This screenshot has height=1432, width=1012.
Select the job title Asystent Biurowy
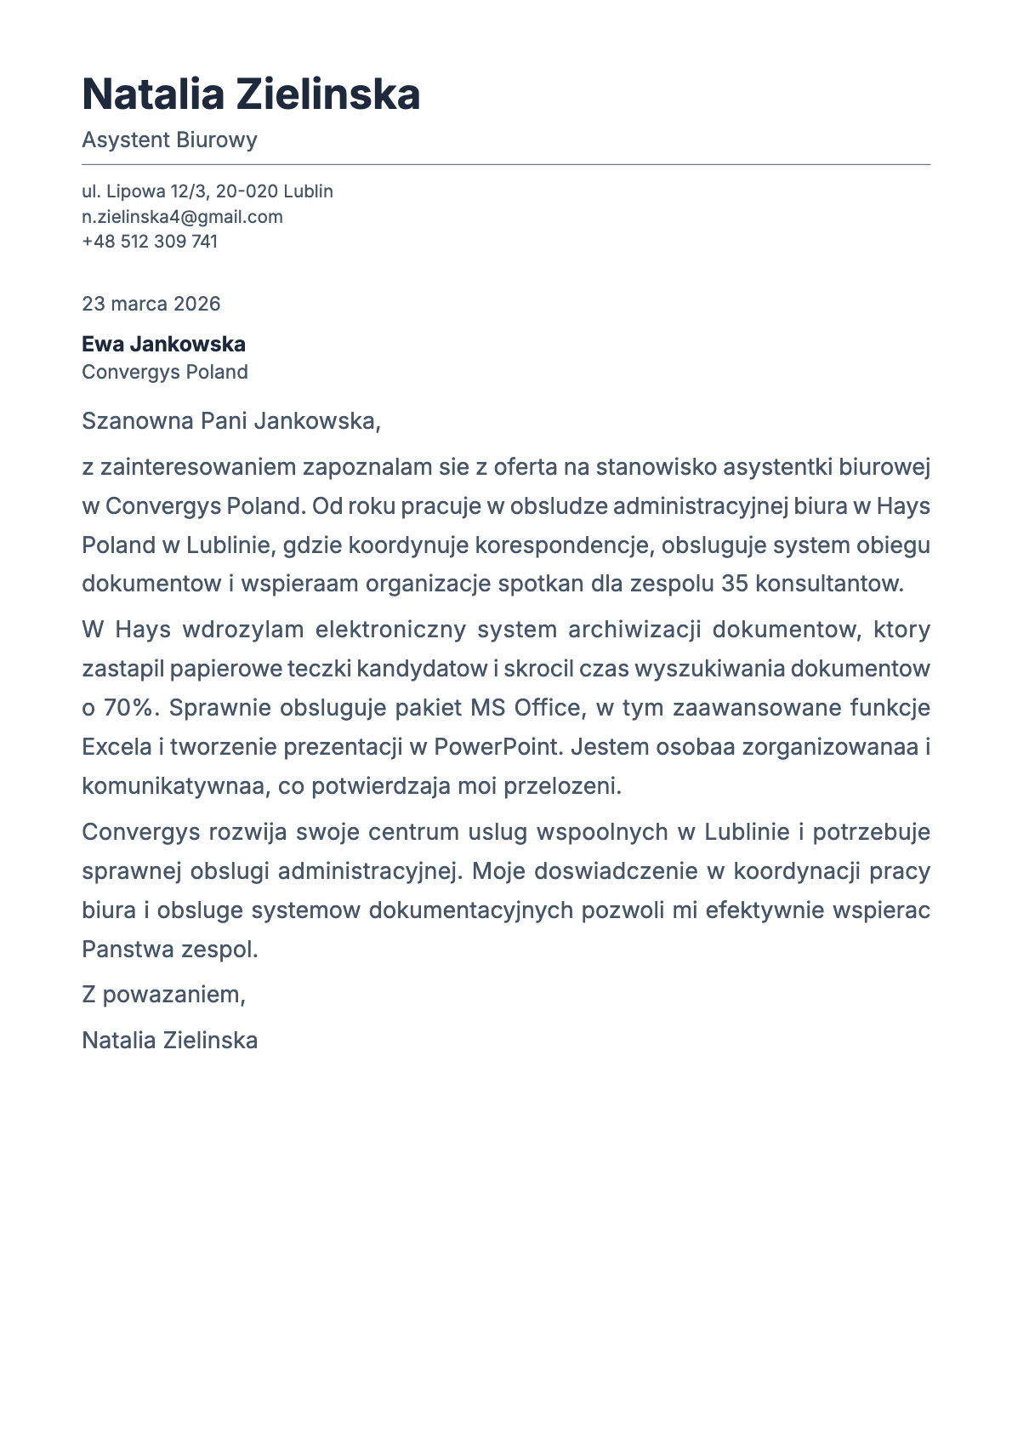pyautogui.click(x=169, y=140)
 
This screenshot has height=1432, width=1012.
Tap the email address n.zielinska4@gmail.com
pyautogui.click(x=182, y=217)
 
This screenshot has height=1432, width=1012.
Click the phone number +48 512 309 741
pyautogui.click(x=150, y=242)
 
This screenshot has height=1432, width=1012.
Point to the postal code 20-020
pyautogui.click(x=247, y=191)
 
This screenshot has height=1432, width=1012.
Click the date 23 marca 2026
pyautogui.click(x=151, y=304)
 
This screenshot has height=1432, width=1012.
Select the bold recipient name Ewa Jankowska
pyautogui.click(x=163, y=345)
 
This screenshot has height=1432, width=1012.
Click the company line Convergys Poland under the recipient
pyautogui.click(x=164, y=373)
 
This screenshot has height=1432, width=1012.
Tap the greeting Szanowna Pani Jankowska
pyautogui.click(x=230, y=421)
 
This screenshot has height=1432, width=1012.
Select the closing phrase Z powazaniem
pyautogui.click(x=163, y=995)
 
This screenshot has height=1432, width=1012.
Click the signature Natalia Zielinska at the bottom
pyautogui.click(x=169, y=1041)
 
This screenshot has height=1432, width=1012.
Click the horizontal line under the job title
pyautogui.click(x=506, y=165)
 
